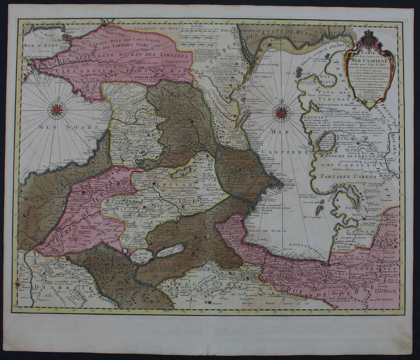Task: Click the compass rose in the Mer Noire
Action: (x=56, y=110)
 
